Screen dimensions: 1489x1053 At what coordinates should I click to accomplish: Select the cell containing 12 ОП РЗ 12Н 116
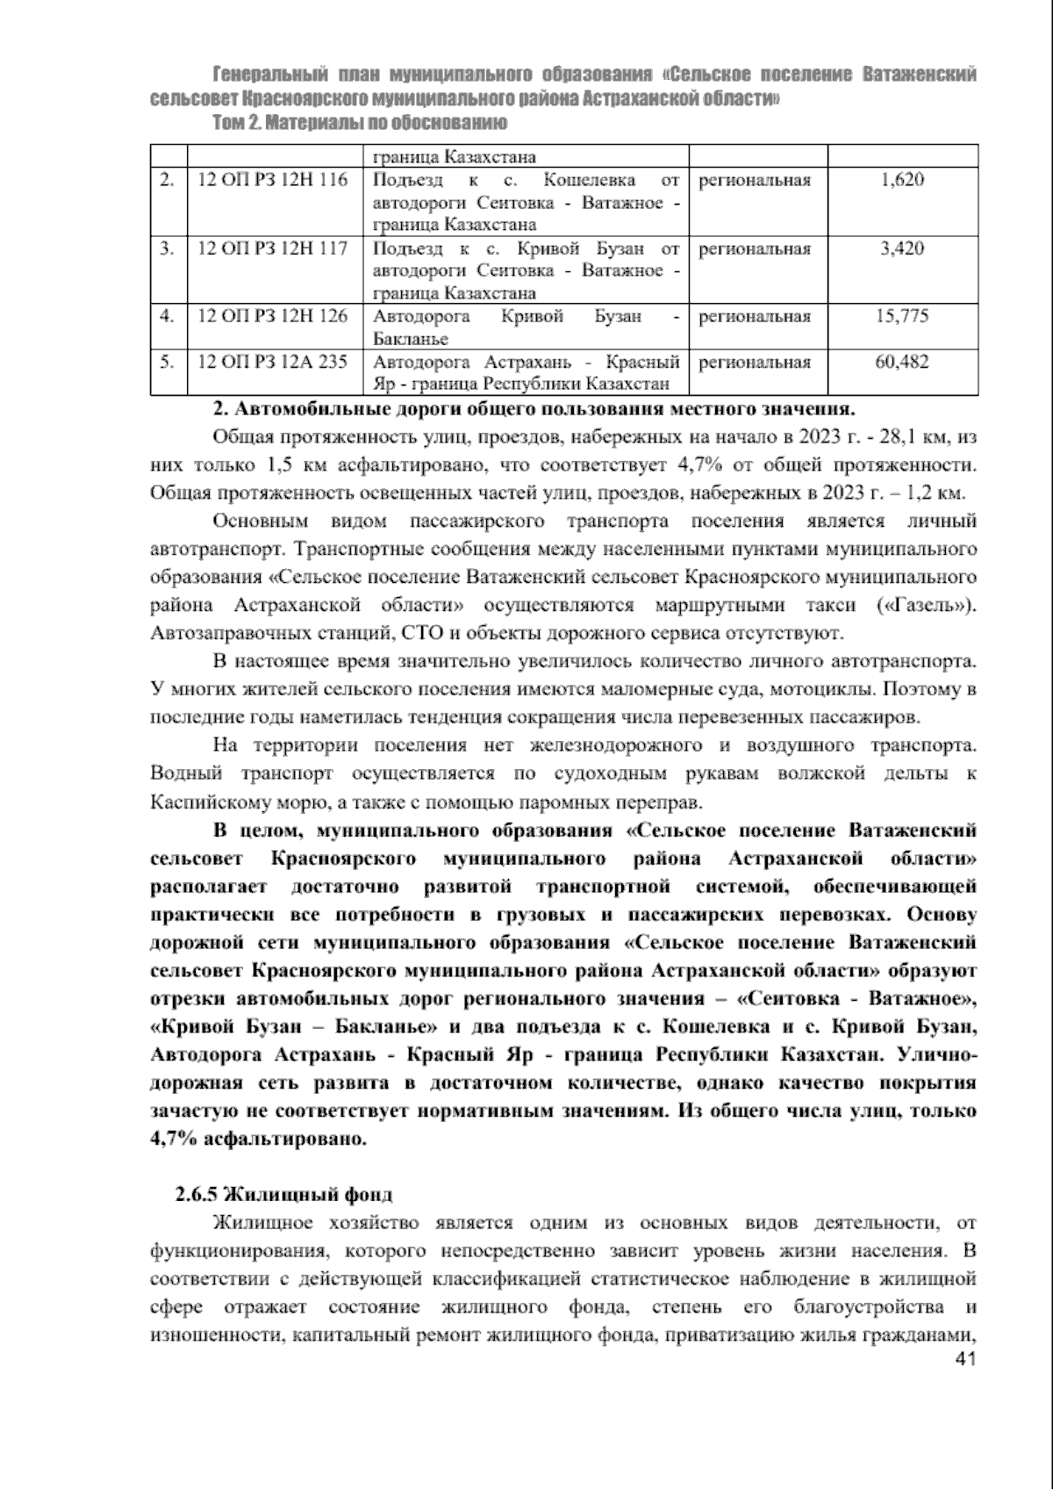pos(273,181)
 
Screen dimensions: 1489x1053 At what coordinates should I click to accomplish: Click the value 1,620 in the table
pos(902,181)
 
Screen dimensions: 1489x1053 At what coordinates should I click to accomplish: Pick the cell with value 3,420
pos(902,248)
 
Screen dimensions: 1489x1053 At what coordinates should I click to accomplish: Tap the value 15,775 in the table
pos(902,316)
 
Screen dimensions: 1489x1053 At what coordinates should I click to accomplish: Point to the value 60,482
pos(902,362)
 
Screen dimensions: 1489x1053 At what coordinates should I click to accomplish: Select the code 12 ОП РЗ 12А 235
pos(273,362)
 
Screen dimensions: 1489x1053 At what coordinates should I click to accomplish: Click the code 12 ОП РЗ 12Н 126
pos(273,316)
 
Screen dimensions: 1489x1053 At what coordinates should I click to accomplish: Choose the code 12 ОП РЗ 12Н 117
pos(273,248)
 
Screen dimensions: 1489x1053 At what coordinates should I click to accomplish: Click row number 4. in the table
pos(167,316)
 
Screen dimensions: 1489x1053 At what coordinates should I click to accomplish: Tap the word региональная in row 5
pos(754,362)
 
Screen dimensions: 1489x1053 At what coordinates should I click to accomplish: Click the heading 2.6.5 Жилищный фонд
pos(283,1195)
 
